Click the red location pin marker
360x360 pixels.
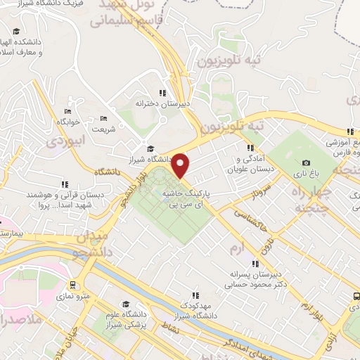pyautogui.click(x=181, y=166)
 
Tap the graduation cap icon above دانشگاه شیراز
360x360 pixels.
pyautogui.click(x=150, y=148)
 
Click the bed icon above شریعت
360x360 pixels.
pyautogui.click(x=103, y=118)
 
